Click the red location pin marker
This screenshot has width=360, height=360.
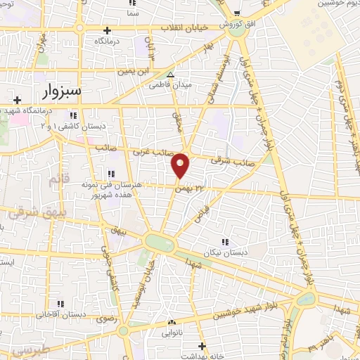click(181, 166)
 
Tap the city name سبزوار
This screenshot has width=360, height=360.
click(61, 93)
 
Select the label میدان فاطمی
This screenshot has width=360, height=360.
click(165, 84)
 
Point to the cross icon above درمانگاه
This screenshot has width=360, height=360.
click(107, 30)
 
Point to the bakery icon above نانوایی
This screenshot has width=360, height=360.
click(170, 322)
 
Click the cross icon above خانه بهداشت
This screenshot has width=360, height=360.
click(202, 345)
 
